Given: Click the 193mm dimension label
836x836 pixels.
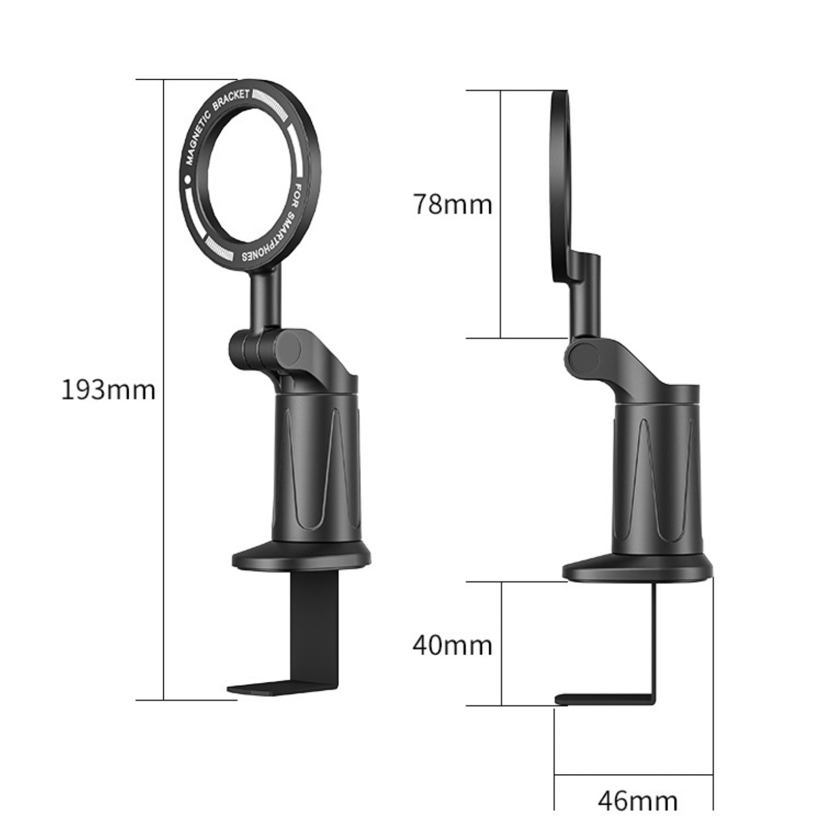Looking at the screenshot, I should point(108,389).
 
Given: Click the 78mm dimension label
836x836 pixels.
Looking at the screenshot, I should point(452,205).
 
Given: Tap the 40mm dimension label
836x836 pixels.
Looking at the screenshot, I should point(452,645).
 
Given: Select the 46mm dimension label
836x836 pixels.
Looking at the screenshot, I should point(637,801).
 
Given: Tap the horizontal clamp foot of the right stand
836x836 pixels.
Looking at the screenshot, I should point(603,699).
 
